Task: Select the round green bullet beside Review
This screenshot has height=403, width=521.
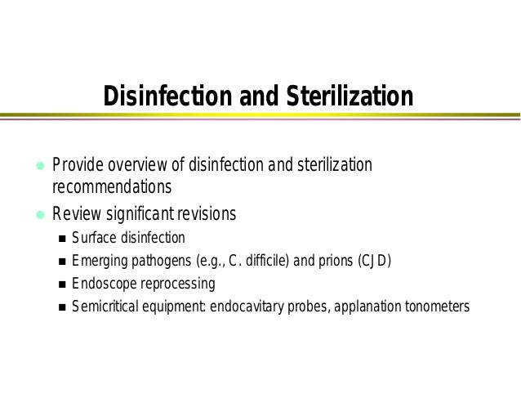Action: point(37,216)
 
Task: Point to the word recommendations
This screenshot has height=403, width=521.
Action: point(112,187)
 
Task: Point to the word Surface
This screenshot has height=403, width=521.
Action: point(92,239)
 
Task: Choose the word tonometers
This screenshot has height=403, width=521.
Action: point(434,307)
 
